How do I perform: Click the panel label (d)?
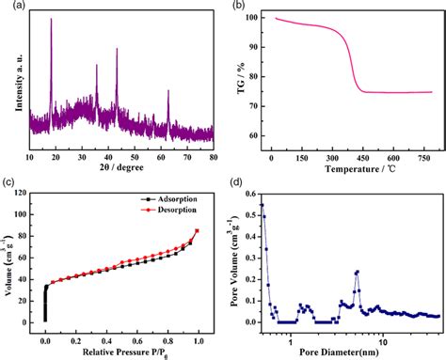pos(239,184)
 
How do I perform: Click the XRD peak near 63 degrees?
pos(168,91)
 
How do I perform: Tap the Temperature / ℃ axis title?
pos(351,170)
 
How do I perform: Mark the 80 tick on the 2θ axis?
pos(213,157)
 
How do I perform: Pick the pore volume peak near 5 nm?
pos(357,273)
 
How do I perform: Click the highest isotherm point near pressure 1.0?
pos(198,230)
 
